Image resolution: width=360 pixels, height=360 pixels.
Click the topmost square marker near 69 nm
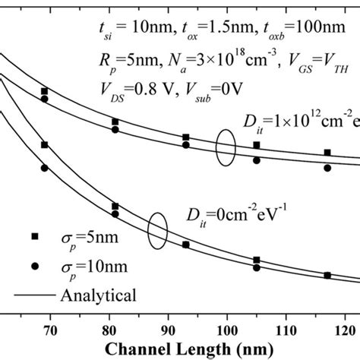click(44, 91)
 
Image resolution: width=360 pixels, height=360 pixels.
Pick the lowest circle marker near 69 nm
click(44, 168)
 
